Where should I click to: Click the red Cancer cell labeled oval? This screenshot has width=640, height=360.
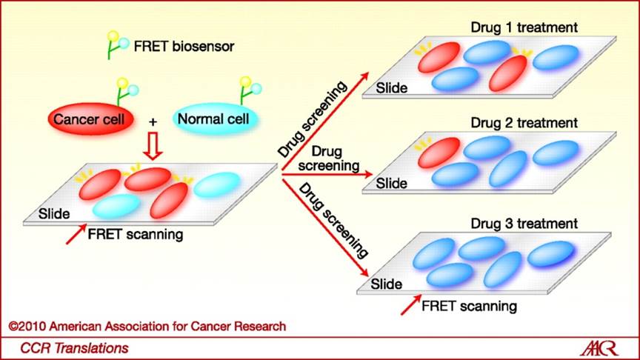tap(90, 119)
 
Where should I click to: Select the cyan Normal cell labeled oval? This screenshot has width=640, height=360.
tap(216, 119)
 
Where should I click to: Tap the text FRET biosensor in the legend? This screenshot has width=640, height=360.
tap(184, 47)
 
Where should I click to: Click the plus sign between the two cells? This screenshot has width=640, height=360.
tap(153, 121)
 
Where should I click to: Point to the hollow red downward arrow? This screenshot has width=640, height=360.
tap(153, 146)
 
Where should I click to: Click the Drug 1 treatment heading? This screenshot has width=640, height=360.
tap(524, 27)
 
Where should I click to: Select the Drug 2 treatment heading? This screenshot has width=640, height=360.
tap(524, 122)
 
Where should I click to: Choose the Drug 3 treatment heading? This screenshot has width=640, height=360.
tap(524, 223)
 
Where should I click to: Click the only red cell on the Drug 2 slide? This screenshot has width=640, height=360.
tap(439, 153)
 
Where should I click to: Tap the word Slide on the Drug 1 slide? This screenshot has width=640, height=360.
tap(391, 87)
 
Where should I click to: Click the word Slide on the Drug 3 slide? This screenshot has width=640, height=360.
tap(386, 284)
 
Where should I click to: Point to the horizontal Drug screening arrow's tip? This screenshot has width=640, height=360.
tap(372, 174)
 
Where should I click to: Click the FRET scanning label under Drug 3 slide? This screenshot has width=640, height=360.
tap(469, 306)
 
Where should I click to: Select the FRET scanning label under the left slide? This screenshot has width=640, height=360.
tap(136, 234)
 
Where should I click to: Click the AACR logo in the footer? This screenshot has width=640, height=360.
tap(599, 349)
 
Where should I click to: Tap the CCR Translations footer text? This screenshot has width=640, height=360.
tap(74, 348)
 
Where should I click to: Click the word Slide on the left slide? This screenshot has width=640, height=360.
tap(54, 214)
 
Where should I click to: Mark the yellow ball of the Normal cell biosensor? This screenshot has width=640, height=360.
tap(245, 81)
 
